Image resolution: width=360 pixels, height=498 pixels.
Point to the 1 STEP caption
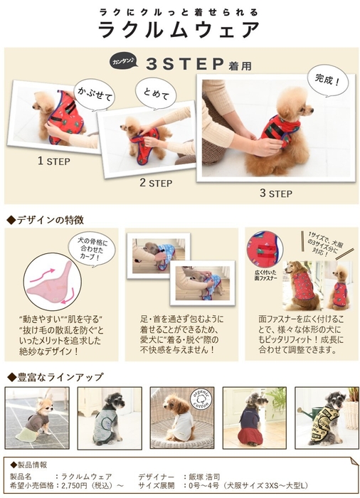[53, 161]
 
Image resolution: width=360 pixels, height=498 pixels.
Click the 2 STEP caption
[156, 183]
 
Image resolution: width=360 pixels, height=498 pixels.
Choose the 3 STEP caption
[275, 193]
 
